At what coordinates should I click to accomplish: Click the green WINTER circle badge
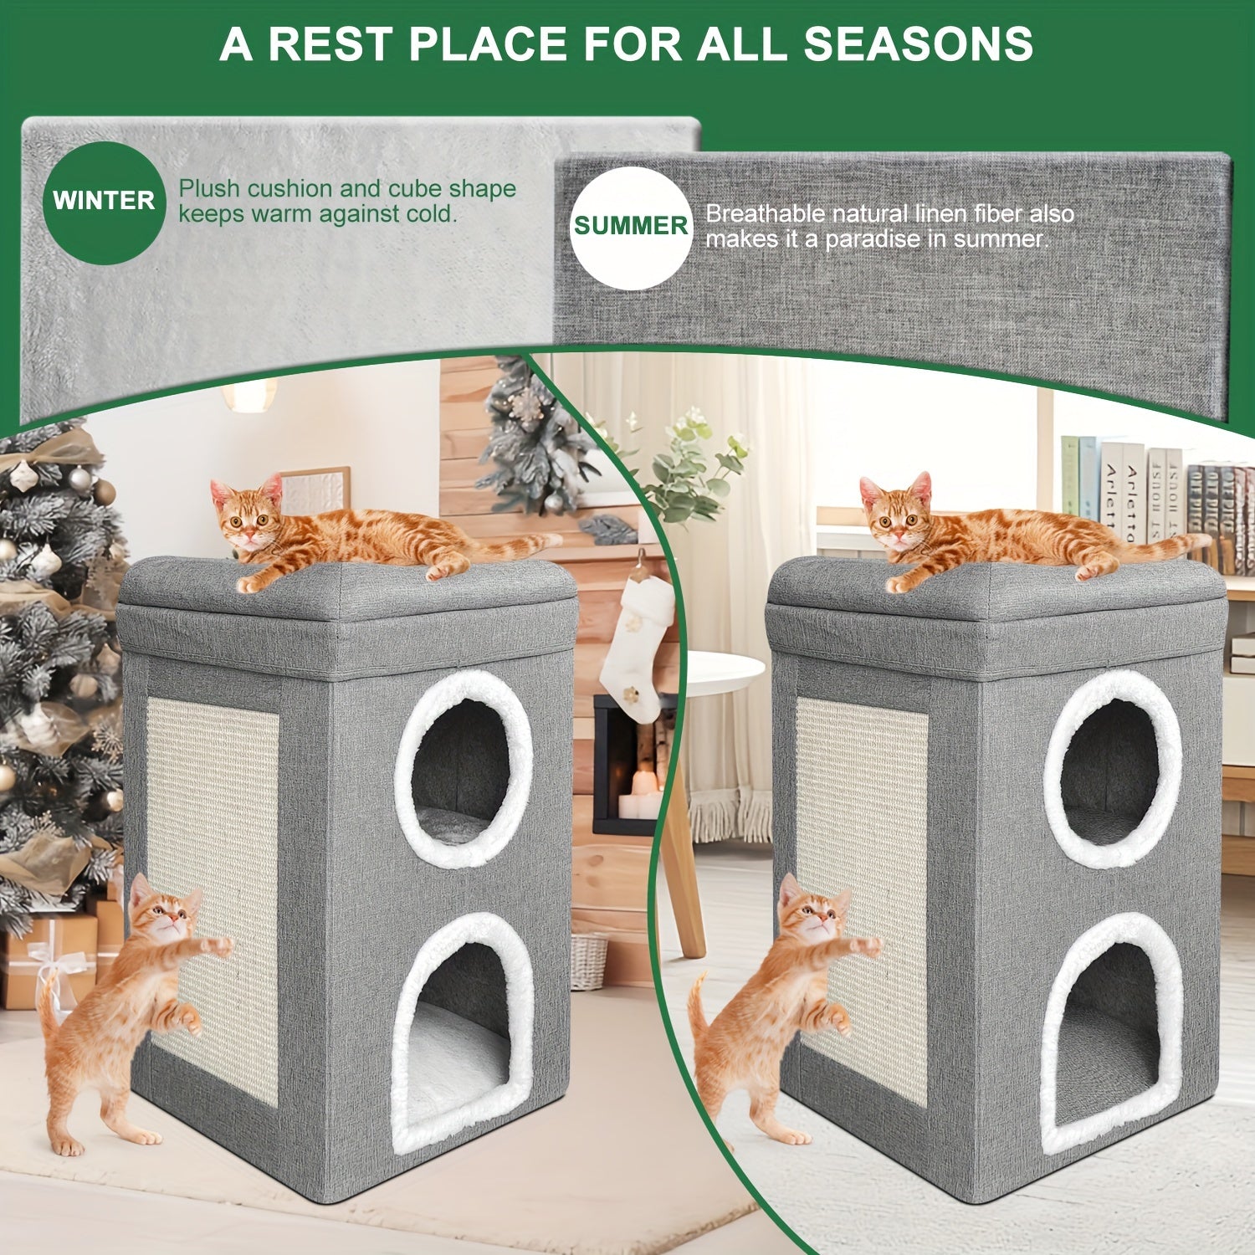click(x=104, y=202)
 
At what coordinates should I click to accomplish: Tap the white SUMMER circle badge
click(x=631, y=227)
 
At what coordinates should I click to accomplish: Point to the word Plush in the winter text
click(x=209, y=189)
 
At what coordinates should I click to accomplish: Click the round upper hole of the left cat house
click(x=463, y=768)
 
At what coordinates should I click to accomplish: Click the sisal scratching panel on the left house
click(x=213, y=837)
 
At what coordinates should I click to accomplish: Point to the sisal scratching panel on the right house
click(x=862, y=837)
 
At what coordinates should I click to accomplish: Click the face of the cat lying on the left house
click(x=248, y=520)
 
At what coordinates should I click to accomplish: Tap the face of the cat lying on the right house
click(x=898, y=520)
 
